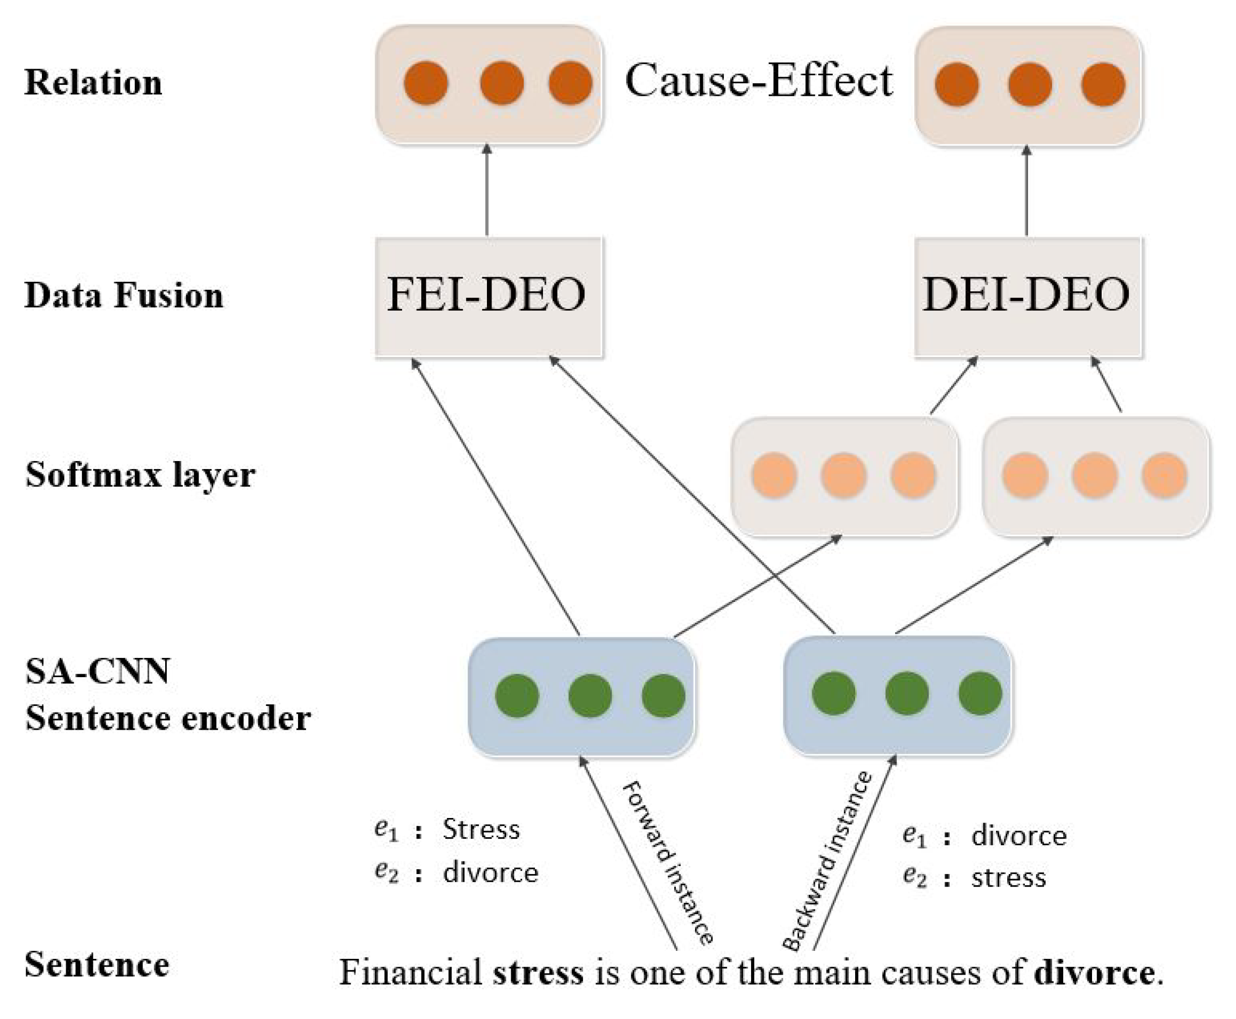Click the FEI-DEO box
pyautogui.click(x=488, y=296)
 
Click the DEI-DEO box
pyautogui.click(x=1027, y=296)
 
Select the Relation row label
pyautogui.click(x=93, y=82)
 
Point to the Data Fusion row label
pyautogui.click(x=123, y=295)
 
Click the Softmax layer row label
pyautogui.click(x=140, y=474)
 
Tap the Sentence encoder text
pyautogui.click(x=167, y=718)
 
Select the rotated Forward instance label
pyautogui.click(x=667, y=863)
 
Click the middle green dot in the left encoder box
pyautogui.click(x=590, y=695)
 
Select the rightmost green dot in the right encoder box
pyautogui.click(x=980, y=694)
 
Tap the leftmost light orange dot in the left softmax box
pyautogui.click(x=774, y=475)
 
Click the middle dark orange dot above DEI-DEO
pyautogui.click(x=1030, y=84)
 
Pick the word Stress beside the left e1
pyautogui.click(x=481, y=830)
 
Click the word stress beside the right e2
pyautogui.click(x=1008, y=878)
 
